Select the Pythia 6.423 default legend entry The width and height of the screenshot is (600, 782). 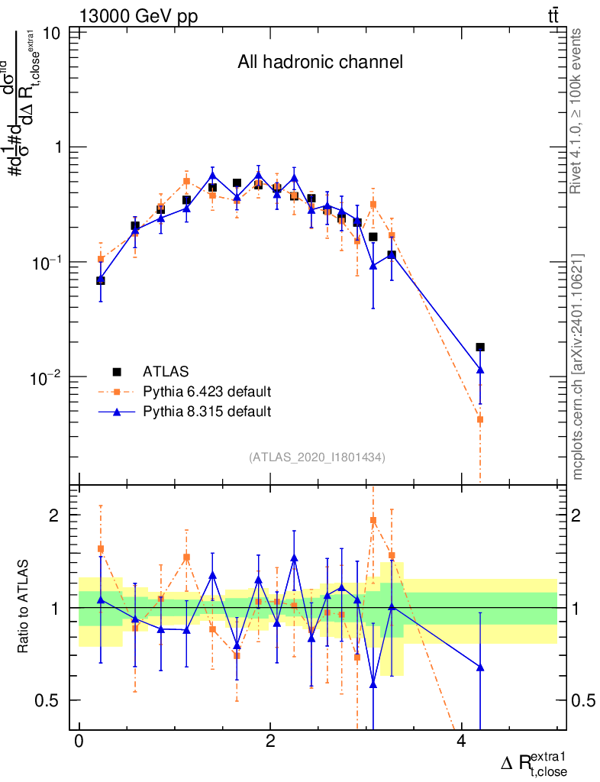pyautogui.click(x=206, y=392)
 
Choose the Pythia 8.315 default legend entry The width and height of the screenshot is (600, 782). pyautogui.click(x=206, y=412)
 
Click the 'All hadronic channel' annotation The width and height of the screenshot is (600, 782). pyautogui.click(x=320, y=63)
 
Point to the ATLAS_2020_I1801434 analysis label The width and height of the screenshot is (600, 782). pyautogui.click(x=317, y=457)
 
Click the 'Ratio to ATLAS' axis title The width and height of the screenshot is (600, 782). pyautogui.click(x=24, y=606)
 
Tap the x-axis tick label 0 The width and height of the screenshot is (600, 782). pyautogui.click(x=79, y=744)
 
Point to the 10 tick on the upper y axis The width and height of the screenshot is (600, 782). pyautogui.click(x=53, y=34)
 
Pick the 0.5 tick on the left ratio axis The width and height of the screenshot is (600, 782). pyautogui.click(x=51, y=700)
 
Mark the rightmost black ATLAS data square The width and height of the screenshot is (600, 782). pyautogui.click(x=480, y=347)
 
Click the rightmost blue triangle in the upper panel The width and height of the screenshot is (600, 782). pyautogui.click(x=480, y=370)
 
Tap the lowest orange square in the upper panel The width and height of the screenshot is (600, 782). pyautogui.click(x=480, y=419)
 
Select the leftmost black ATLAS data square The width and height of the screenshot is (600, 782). pyautogui.click(x=101, y=281)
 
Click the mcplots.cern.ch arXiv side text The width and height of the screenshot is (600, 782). pyautogui.click(x=578, y=367)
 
